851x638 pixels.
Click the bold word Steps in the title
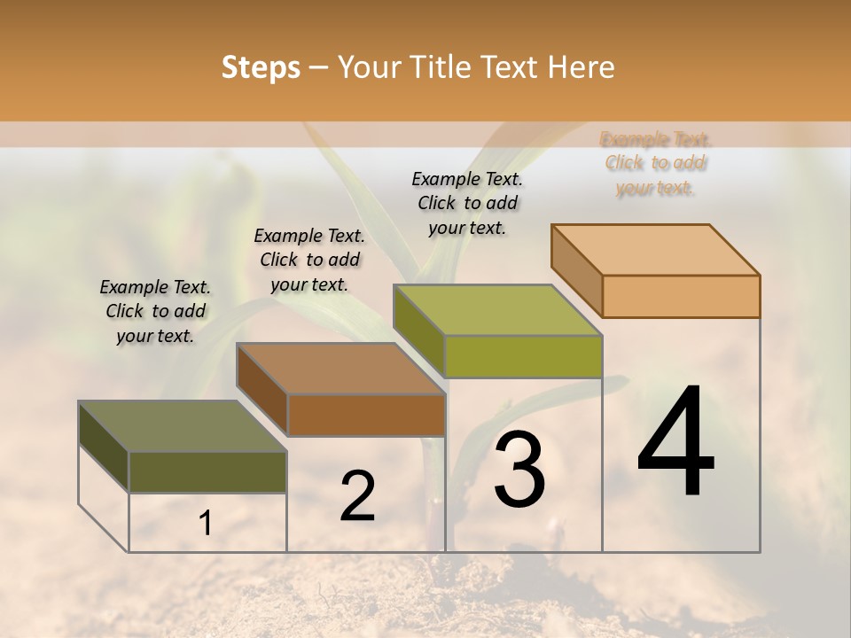tap(261, 67)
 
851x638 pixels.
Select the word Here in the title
tap(582, 67)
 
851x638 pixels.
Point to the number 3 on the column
tap(519, 471)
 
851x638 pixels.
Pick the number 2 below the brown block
tap(358, 496)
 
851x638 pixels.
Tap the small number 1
tap(205, 524)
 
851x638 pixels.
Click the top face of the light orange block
tap(656, 249)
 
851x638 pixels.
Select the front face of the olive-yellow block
tap(523, 356)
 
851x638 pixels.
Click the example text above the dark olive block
tap(155, 312)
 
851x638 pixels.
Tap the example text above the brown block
tap(309, 260)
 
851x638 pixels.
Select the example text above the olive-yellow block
tap(467, 203)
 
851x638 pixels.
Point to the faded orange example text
tap(656, 163)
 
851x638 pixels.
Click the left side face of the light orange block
tap(577, 270)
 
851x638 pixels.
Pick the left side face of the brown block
tap(262, 390)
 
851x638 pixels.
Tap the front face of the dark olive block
tap(207, 472)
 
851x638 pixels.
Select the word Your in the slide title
tap(359, 67)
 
